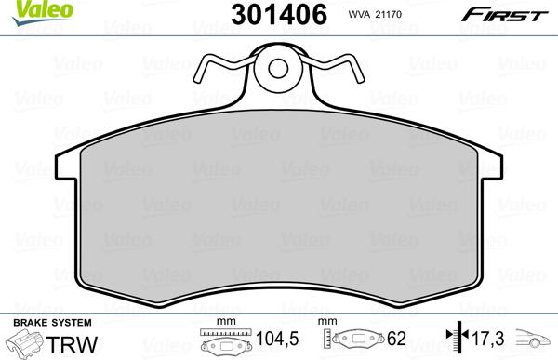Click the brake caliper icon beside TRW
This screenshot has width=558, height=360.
(26, 345)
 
